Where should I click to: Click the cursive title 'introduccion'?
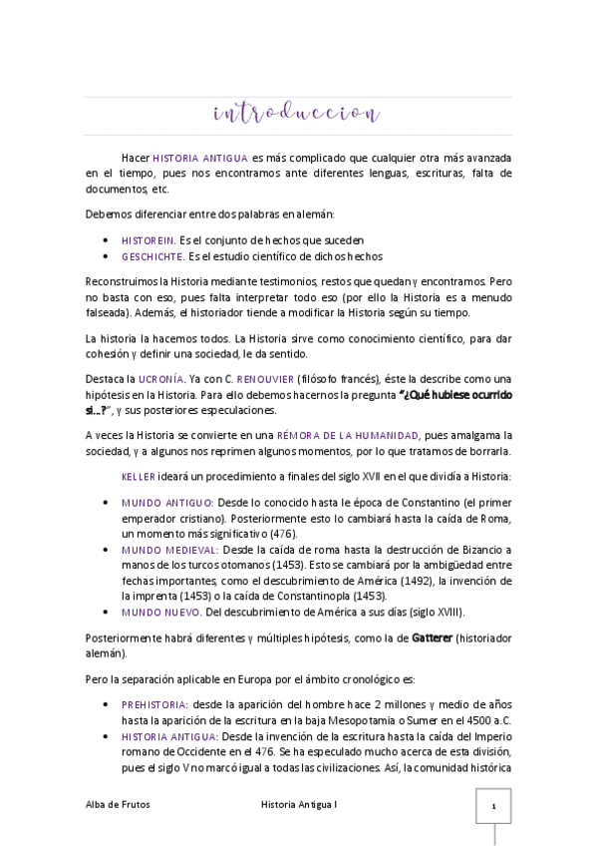(296, 114)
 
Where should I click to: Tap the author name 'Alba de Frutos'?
(119, 804)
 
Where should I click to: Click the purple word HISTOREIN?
(148, 240)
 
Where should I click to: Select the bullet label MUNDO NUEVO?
(159, 612)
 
